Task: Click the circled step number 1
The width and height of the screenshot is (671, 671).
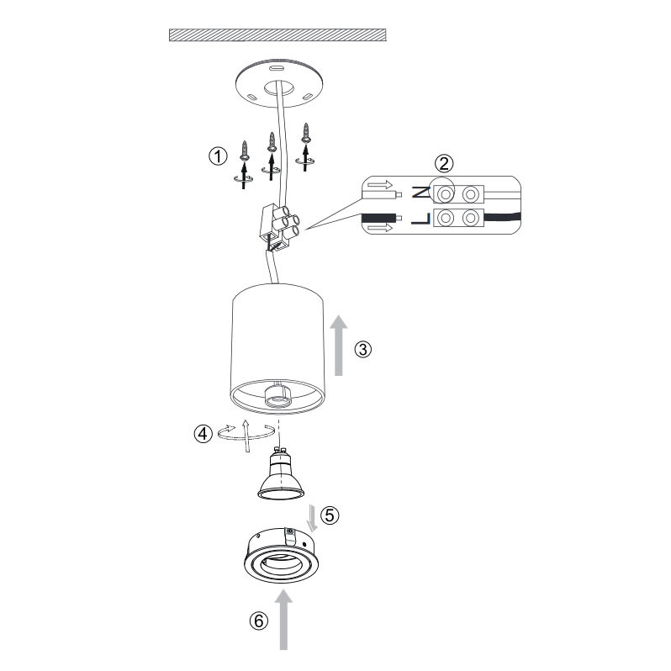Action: [x=218, y=156]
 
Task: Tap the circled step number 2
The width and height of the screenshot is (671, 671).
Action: [x=444, y=163]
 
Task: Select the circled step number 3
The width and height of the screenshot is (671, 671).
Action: [x=363, y=350]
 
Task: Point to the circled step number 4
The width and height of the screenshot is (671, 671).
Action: [x=203, y=434]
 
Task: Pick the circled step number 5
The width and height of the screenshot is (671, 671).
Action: [x=330, y=515]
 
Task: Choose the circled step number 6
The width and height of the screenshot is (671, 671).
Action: [x=259, y=621]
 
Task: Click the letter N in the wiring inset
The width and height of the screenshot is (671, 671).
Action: [x=420, y=193]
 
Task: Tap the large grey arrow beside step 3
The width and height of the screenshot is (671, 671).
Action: [x=339, y=346]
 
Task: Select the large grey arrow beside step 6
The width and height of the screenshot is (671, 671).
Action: [x=283, y=619]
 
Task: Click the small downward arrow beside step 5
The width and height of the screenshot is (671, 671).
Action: [x=313, y=518]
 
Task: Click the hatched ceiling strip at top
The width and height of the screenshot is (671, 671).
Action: [x=277, y=35]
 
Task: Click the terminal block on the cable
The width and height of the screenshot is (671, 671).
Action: [x=278, y=228]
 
